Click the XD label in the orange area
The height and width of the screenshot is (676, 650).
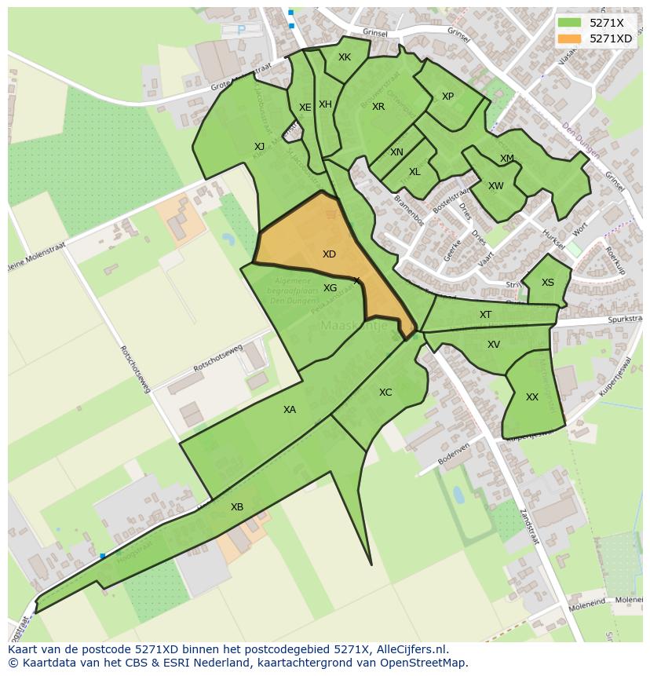tap(329, 254)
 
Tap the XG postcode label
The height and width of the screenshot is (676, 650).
tap(330, 288)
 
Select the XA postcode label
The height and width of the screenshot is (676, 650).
tap(290, 409)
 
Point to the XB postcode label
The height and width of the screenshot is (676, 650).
tap(237, 507)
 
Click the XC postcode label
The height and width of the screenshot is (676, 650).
tap(385, 393)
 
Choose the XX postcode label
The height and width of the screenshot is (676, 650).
tap(532, 397)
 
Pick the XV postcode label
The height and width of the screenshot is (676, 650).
tap(493, 345)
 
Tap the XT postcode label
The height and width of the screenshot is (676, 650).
tap(485, 315)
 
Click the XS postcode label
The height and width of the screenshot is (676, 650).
tap(547, 283)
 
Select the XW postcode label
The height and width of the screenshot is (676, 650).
tap(495, 186)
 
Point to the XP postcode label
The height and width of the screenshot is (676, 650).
tap(447, 97)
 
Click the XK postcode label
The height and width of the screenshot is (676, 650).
tap(345, 57)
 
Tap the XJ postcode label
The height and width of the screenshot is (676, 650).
tap(260, 146)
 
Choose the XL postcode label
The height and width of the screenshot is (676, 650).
tap(414, 172)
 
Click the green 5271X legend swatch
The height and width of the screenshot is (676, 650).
tap(570, 23)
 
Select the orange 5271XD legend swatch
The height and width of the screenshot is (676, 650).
tap(570, 38)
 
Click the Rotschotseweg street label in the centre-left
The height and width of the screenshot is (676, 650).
tap(218, 358)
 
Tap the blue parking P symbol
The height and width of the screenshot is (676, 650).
tap(241, 31)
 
